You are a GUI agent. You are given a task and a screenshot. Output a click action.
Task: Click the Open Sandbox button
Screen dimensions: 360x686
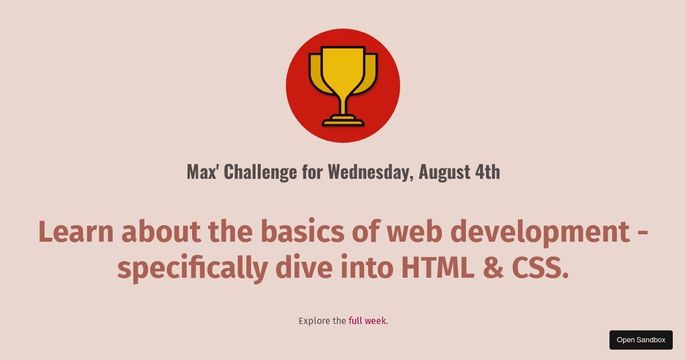[641, 340]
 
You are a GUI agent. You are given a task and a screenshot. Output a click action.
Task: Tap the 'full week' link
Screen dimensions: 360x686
[367, 321]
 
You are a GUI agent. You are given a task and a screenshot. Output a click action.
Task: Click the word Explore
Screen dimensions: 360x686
[314, 321]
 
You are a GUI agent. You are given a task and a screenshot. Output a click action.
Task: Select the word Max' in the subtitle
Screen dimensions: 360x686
[202, 171]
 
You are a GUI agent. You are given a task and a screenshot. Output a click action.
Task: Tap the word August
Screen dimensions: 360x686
[444, 171]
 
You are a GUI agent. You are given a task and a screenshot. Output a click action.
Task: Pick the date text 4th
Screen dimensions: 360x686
[488, 171]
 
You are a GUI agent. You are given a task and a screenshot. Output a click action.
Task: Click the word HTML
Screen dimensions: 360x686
[437, 267]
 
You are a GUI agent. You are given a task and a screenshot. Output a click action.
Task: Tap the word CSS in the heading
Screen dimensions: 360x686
[540, 267]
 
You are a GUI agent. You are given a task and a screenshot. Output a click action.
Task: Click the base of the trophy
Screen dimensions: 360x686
[343, 121]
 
